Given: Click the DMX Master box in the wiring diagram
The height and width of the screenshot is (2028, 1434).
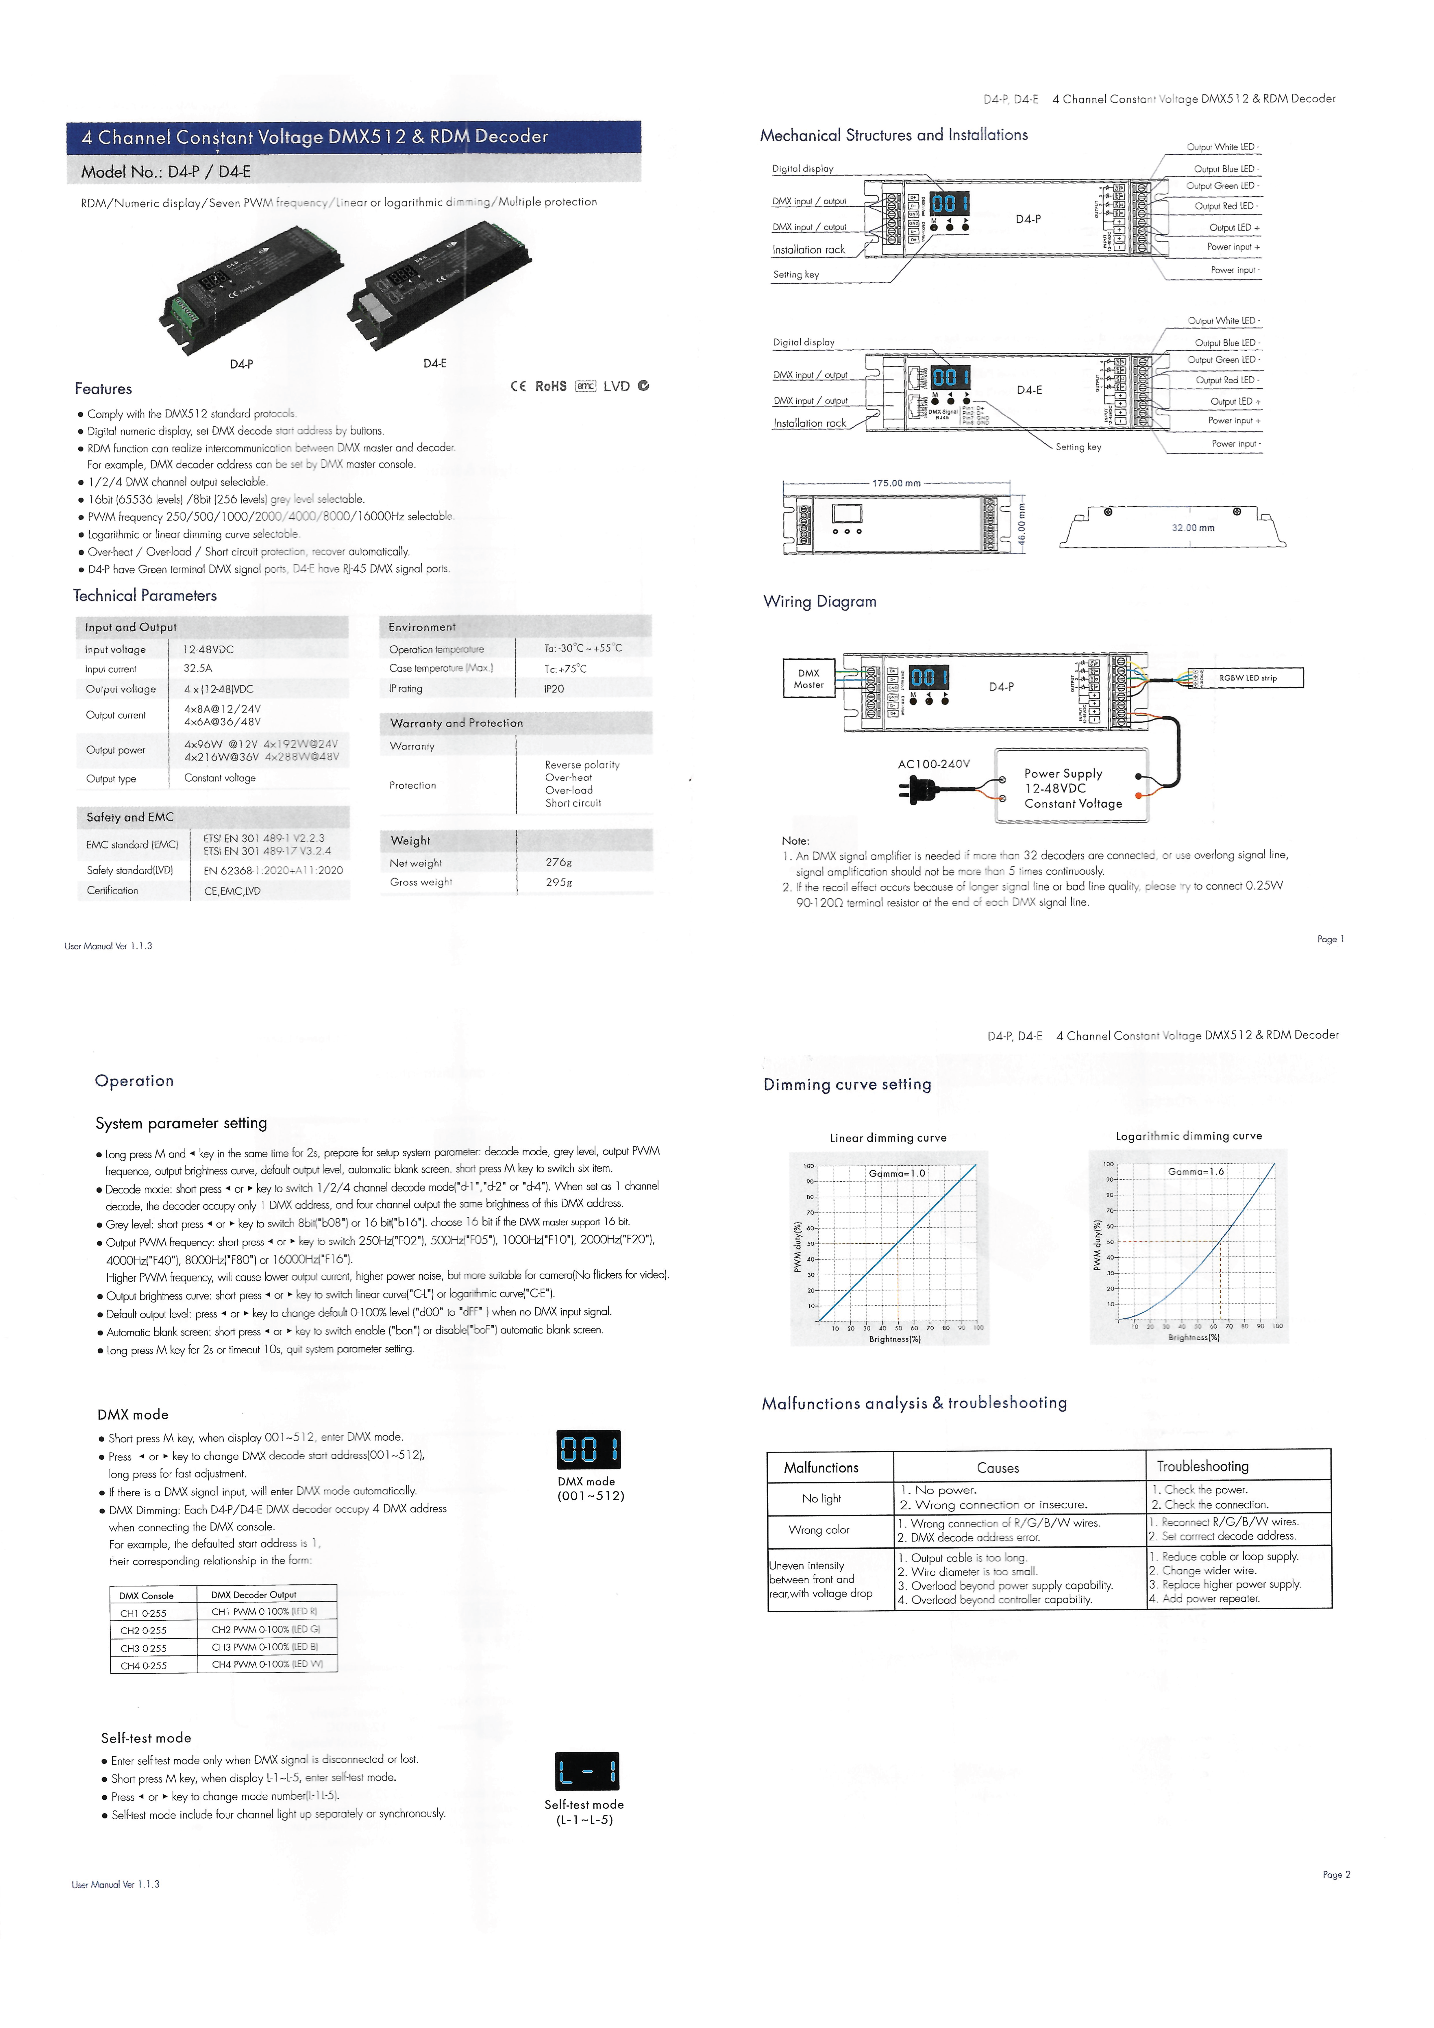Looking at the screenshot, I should (x=808, y=678).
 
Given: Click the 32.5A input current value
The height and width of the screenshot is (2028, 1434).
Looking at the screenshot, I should (x=198, y=669).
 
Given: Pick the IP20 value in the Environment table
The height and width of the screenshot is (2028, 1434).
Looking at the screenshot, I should (x=554, y=689).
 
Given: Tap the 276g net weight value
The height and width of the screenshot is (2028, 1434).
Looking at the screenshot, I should (x=558, y=862).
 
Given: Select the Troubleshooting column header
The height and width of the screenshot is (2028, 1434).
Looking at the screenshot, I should (x=1202, y=1466).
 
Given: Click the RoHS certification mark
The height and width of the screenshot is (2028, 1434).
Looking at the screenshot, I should (x=550, y=386).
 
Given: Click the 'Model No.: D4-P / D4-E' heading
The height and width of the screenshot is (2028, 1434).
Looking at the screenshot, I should (x=166, y=171).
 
